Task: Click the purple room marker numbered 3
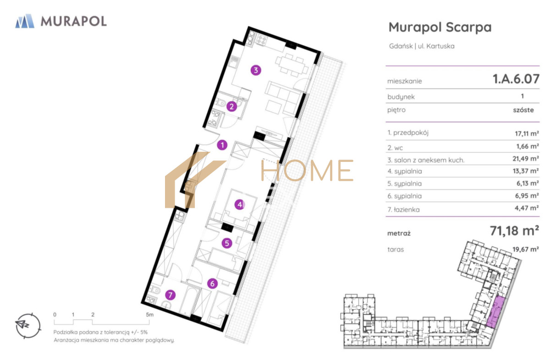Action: (x=256, y=70)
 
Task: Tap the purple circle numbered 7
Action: (x=170, y=295)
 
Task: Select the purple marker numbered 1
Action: (x=222, y=145)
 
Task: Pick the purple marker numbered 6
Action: (x=212, y=283)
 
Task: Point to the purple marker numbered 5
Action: (x=227, y=243)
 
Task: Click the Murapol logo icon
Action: (x=25, y=21)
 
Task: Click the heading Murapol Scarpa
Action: (x=440, y=27)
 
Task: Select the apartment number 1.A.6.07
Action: (x=516, y=79)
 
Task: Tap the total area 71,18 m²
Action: (x=514, y=231)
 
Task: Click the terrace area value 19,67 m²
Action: (x=526, y=249)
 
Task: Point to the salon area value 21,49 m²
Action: (x=526, y=159)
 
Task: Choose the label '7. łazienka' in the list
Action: (x=403, y=210)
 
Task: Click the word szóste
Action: (x=523, y=110)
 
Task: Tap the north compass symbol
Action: (x=28, y=326)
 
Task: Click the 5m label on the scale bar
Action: (x=149, y=315)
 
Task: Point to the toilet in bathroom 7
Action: (x=155, y=290)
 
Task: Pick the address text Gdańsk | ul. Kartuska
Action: (x=422, y=46)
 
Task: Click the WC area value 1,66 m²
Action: (x=528, y=146)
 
